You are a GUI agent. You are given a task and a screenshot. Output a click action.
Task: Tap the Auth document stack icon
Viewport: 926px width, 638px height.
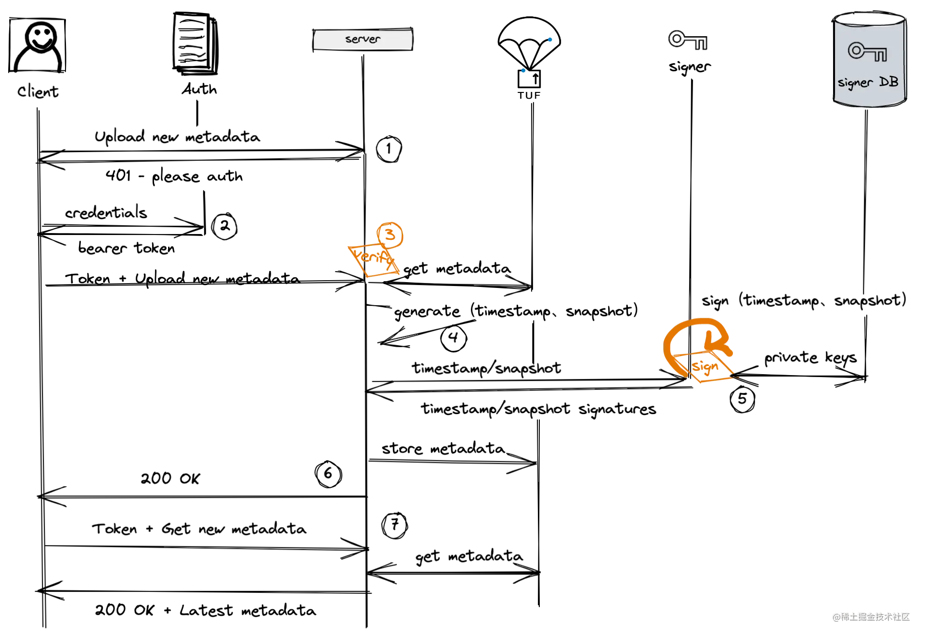click(196, 43)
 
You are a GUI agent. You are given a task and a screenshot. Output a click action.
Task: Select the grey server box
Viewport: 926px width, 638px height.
click(363, 39)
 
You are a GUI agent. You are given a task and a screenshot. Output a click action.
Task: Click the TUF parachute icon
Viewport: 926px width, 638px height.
click(529, 58)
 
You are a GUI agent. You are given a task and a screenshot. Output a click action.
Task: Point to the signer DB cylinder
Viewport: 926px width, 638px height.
click(870, 59)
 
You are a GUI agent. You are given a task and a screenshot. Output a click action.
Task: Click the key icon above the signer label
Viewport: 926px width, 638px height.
click(688, 40)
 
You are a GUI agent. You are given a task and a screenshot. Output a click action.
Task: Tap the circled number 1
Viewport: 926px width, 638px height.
click(389, 149)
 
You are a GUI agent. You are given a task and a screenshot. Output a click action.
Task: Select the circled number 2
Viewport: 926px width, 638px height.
click(224, 226)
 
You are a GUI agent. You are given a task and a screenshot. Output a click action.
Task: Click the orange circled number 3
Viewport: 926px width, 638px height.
click(390, 235)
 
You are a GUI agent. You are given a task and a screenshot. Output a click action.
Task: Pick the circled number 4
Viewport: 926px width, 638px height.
click(454, 338)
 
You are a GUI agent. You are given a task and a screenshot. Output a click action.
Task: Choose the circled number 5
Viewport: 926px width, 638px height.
click(743, 399)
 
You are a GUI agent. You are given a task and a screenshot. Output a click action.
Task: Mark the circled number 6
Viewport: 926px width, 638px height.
click(328, 474)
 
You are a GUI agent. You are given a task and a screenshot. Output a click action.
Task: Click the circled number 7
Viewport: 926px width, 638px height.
click(395, 525)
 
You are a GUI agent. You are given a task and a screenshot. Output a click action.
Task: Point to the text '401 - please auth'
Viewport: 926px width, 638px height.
click(174, 176)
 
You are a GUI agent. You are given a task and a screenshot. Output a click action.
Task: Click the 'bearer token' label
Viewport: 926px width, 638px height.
click(127, 248)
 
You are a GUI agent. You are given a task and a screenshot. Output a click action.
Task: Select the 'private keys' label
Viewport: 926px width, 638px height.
click(810, 358)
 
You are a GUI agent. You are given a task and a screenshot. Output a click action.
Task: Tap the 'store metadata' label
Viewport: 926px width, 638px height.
click(443, 448)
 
